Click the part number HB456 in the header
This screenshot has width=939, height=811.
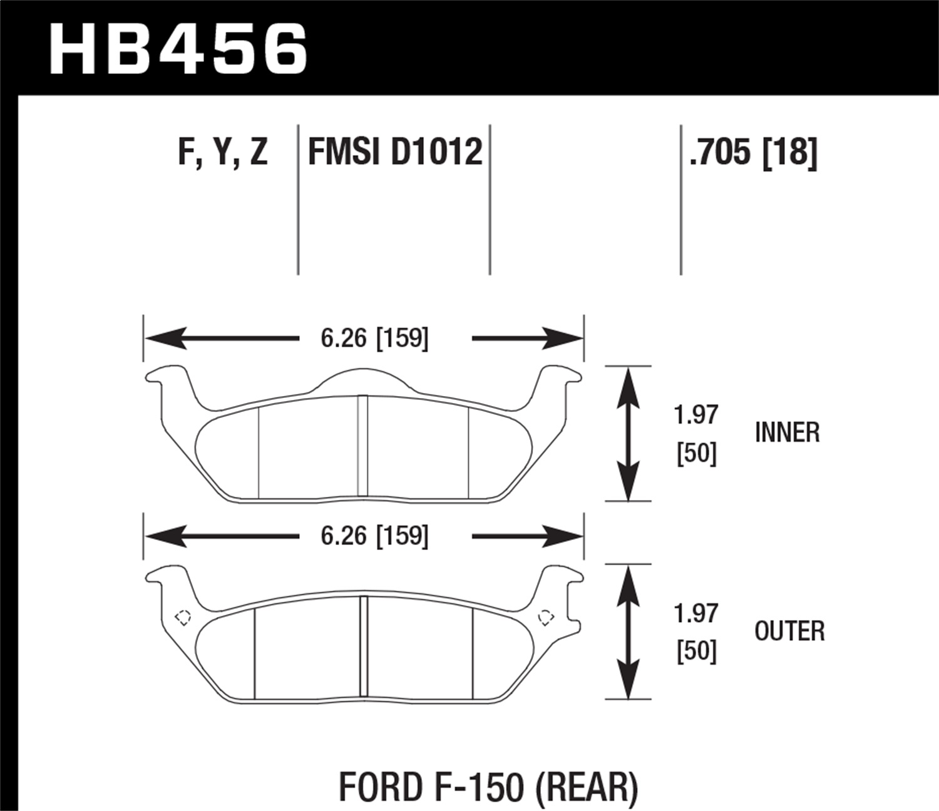tap(178, 49)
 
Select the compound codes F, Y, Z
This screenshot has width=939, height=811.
tap(223, 152)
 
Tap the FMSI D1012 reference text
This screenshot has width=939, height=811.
tap(395, 152)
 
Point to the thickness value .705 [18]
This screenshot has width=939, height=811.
tap(753, 152)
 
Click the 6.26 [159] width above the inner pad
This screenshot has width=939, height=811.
tap(374, 339)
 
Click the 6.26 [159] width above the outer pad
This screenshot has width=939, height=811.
tap(374, 536)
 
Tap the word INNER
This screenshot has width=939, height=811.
tap(787, 432)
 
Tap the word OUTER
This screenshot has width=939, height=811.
tap(789, 631)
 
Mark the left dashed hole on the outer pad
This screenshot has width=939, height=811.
tap(183, 617)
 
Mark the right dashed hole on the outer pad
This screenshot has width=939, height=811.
tap(546, 617)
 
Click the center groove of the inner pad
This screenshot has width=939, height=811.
tap(362, 447)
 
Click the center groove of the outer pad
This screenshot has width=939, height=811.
tap(362, 647)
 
